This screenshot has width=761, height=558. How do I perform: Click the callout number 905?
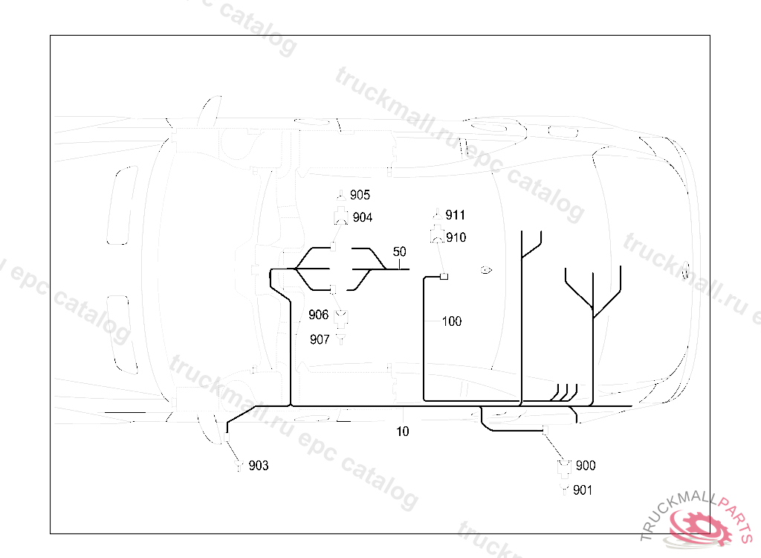(x=360, y=195)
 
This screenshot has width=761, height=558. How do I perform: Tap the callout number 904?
(x=363, y=217)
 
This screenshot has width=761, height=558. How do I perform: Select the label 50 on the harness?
(x=399, y=251)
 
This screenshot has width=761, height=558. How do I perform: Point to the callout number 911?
(x=455, y=215)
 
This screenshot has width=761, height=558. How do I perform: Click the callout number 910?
(x=456, y=237)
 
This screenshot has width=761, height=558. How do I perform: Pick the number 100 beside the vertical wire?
(x=451, y=321)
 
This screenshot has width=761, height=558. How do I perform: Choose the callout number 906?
(x=319, y=315)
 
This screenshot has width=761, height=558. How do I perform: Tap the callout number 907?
(x=320, y=339)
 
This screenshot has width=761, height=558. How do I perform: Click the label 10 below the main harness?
(x=402, y=431)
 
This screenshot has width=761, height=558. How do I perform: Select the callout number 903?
(x=259, y=466)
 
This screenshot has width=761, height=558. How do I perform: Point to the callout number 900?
(x=585, y=466)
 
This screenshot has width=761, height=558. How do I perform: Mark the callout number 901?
(x=583, y=490)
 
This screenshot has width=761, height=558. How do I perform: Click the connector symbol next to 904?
(x=341, y=217)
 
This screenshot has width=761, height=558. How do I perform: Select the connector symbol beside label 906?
(x=341, y=320)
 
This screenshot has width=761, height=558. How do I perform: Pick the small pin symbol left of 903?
(x=239, y=466)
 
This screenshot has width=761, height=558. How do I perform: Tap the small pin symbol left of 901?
(x=565, y=490)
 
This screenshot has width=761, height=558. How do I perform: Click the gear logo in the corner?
(x=699, y=526)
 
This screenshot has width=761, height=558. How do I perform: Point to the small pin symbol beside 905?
(x=341, y=195)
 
